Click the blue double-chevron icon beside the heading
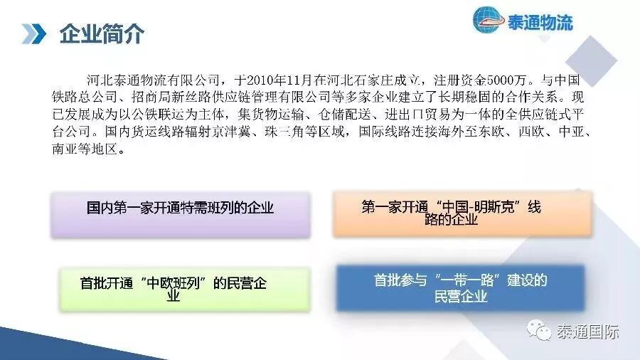click(x=34, y=34)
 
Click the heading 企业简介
click(x=102, y=34)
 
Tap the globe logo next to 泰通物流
click(x=488, y=20)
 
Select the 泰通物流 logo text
click(x=540, y=23)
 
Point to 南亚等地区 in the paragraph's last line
click(x=85, y=149)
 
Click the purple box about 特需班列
click(x=181, y=215)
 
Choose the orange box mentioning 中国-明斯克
click(x=462, y=213)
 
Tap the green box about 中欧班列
click(x=184, y=290)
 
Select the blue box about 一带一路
click(x=460, y=287)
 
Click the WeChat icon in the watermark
click(x=539, y=330)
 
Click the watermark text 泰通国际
click(x=588, y=332)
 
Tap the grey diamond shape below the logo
click(x=591, y=60)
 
